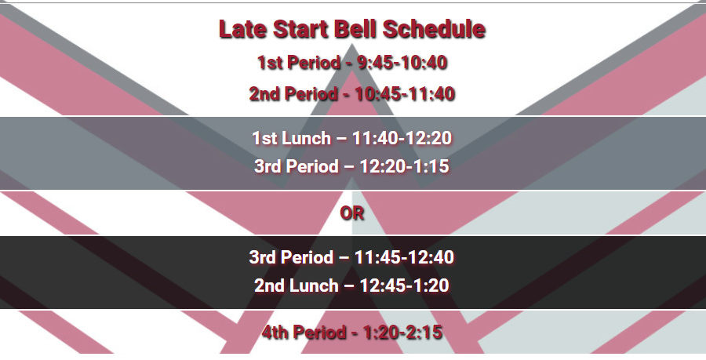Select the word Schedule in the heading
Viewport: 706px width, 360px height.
tap(434, 29)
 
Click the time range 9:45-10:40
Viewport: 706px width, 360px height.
tap(402, 63)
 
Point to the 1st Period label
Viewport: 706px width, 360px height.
tap(299, 63)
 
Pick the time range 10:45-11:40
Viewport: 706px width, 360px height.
tap(405, 94)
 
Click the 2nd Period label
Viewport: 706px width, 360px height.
tap(293, 94)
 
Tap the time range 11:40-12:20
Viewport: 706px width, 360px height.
tap(402, 138)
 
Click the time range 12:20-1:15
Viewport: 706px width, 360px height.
tap(404, 166)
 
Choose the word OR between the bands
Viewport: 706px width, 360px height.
tap(352, 213)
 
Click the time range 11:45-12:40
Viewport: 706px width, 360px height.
tap(404, 257)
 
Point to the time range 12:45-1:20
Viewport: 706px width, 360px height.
tap(404, 285)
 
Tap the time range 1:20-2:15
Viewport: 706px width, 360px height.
tap(402, 333)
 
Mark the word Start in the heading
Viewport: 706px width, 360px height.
tap(301, 29)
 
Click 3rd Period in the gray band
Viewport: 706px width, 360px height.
tap(297, 166)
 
